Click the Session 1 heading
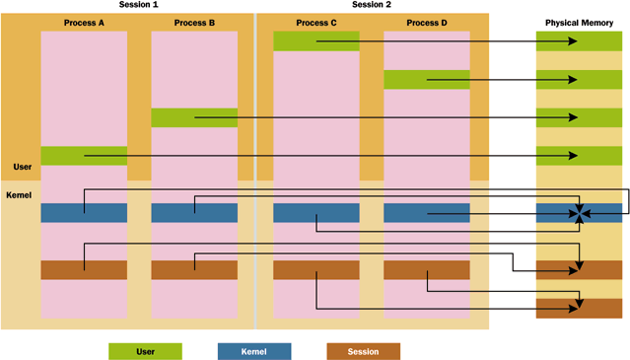coord(139,4)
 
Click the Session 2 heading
coord(372,4)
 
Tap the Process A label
coord(84,23)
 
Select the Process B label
coord(194,23)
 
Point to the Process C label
coord(316,23)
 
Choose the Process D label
coord(427,23)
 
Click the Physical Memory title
coord(579,23)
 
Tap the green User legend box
coord(146,351)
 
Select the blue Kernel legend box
coord(254,351)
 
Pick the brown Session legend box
coord(363,351)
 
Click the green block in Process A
coord(84,156)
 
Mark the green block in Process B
coord(194,117)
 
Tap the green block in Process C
coord(316,41)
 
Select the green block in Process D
coord(427,80)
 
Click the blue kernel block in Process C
coord(316,213)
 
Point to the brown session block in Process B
coord(194,270)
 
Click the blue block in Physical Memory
coord(579,213)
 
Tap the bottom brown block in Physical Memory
coord(579,309)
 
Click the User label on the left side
coord(23,167)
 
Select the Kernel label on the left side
coord(19,195)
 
